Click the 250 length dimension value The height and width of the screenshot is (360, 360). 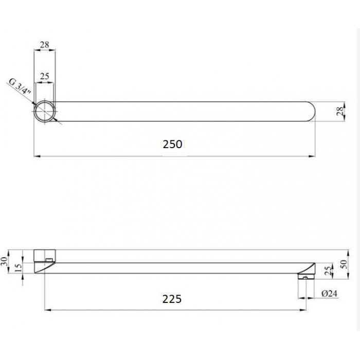[x=172, y=144]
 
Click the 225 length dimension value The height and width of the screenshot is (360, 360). [x=172, y=299]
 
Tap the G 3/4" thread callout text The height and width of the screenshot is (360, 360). [x=20, y=86]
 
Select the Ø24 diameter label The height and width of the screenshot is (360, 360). [x=329, y=294]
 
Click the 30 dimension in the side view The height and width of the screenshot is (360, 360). [x=4, y=261]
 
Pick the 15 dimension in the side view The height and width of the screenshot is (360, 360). [x=18, y=268]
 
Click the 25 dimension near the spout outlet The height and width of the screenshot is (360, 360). [x=329, y=271]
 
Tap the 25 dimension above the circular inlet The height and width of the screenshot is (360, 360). [x=45, y=76]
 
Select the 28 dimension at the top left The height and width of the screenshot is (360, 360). [x=45, y=45]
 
